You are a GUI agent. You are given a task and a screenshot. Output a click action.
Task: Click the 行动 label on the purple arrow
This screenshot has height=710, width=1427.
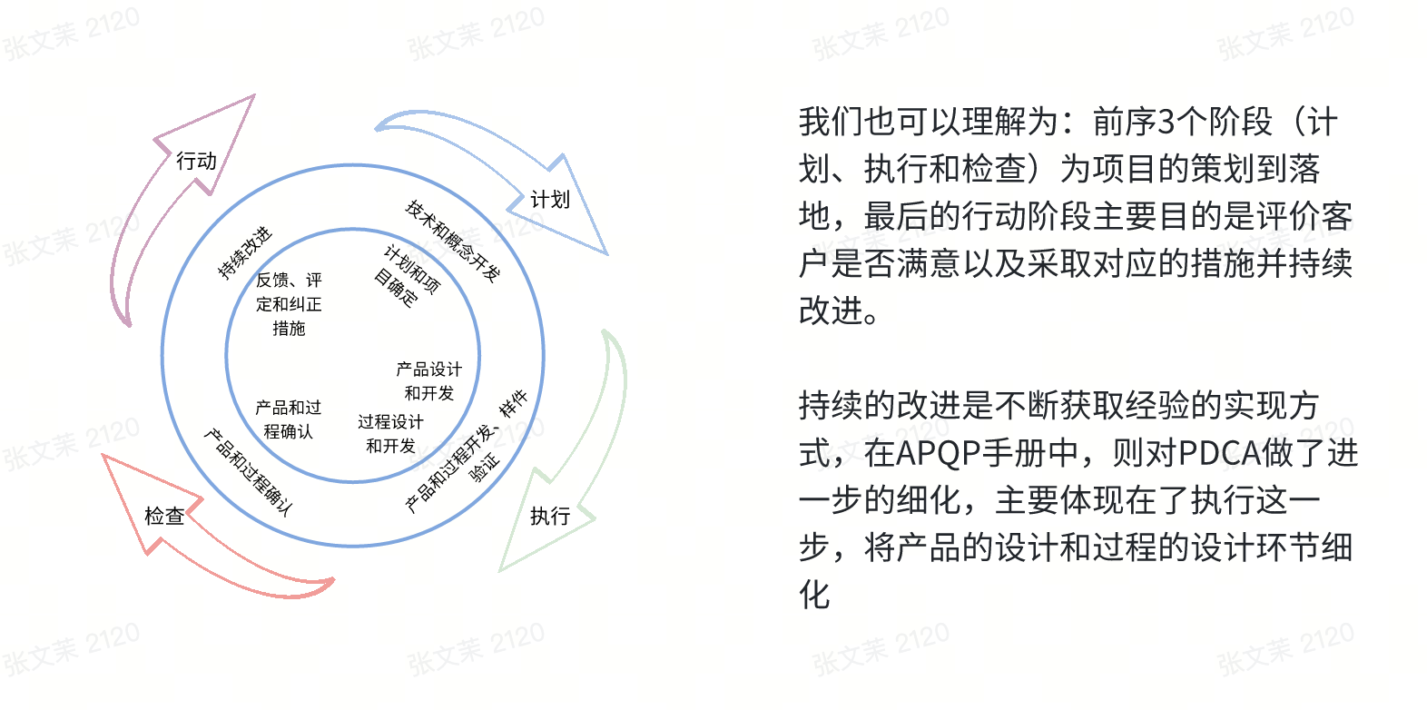pyautogui.click(x=196, y=161)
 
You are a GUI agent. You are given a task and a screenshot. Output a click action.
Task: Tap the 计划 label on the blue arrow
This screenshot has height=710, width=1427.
pyautogui.click(x=550, y=199)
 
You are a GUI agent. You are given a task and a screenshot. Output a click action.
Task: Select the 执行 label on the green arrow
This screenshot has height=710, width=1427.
pyautogui.click(x=550, y=516)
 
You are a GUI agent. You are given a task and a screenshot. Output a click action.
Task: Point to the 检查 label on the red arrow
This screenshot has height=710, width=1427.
pyautogui.click(x=164, y=516)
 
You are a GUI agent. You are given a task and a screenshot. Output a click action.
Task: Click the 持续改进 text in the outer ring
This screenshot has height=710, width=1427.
pyautogui.click(x=244, y=252)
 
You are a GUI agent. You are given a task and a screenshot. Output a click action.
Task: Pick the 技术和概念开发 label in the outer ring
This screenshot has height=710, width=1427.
pyautogui.click(x=452, y=241)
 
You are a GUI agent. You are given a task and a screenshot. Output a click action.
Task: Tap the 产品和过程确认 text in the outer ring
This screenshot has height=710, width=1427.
pyautogui.click(x=248, y=472)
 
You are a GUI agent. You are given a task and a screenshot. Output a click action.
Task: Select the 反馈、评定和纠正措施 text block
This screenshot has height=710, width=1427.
pyautogui.click(x=289, y=304)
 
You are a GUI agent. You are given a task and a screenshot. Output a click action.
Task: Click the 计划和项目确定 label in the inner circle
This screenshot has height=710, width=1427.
pyautogui.click(x=407, y=277)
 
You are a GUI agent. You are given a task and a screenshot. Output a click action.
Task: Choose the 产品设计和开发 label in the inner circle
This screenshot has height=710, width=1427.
pyautogui.click(x=428, y=380)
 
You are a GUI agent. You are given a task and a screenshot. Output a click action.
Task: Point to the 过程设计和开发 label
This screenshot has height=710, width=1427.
pyautogui.click(x=390, y=433)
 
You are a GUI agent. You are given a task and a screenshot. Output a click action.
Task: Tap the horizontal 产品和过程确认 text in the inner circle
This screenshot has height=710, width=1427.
pyautogui.click(x=288, y=419)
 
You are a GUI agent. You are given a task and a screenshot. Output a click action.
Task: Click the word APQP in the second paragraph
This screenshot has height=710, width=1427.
pyautogui.click(x=941, y=452)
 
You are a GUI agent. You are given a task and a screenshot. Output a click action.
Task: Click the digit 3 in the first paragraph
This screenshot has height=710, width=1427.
pyautogui.click(x=1166, y=121)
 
